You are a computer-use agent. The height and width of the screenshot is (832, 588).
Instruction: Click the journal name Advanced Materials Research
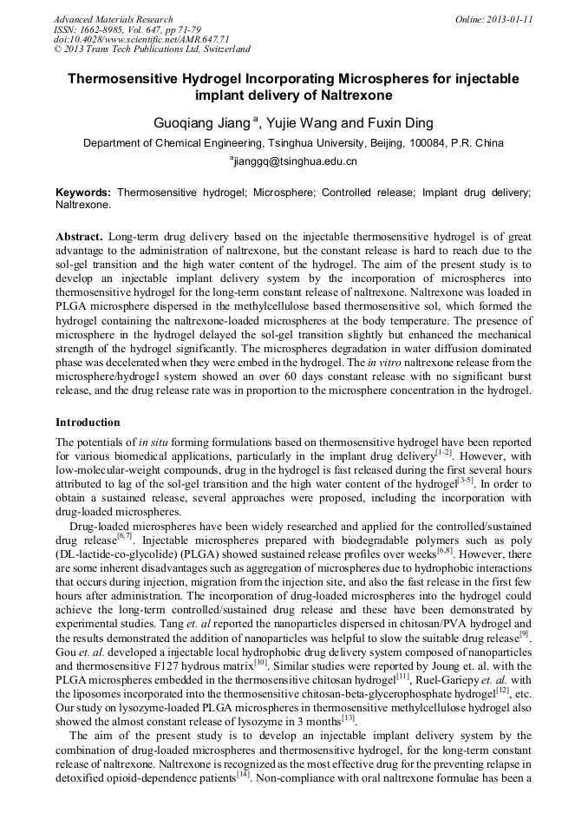113,19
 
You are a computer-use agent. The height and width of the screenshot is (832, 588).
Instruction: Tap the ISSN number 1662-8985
114,29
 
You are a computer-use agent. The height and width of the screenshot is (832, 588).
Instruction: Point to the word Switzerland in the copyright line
225,49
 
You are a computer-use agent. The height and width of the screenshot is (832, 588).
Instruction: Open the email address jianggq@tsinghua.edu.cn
295,161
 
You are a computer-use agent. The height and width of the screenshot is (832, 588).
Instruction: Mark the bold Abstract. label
80,237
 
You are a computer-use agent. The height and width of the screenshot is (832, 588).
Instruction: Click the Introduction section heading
88,423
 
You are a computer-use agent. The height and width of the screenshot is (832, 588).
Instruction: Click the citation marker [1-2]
443,452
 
